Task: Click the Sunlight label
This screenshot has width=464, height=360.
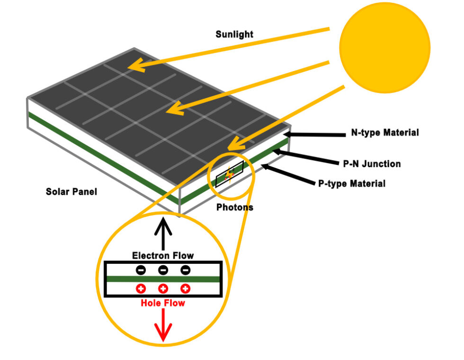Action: pyautogui.click(x=234, y=34)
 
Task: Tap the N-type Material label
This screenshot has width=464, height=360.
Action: pyautogui.click(x=384, y=133)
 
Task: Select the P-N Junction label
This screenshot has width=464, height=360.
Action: pyautogui.click(x=372, y=164)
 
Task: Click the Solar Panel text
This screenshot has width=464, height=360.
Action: pyautogui.click(x=71, y=192)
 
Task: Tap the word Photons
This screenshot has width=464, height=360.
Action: pyautogui.click(x=235, y=207)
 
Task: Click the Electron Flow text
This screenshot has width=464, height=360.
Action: pyautogui.click(x=163, y=256)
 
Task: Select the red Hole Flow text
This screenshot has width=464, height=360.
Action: pyautogui.click(x=162, y=303)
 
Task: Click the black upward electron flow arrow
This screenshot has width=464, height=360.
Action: pyautogui.click(x=163, y=234)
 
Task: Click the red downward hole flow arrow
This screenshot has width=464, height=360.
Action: pyautogui.click(x=163, y=327)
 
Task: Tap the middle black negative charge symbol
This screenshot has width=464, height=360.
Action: pyautogui.click(x=163, y=270)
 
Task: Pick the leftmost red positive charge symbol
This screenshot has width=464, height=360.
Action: pyautogui.click(x=141, y=288)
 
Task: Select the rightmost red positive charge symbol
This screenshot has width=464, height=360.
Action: pyautogui.click(x=185, y=288)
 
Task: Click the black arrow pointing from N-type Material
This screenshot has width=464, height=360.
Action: pyautogui.click(x=312, y=135)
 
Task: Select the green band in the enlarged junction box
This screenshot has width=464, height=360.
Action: pyautogui.click(x=163, y=279)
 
